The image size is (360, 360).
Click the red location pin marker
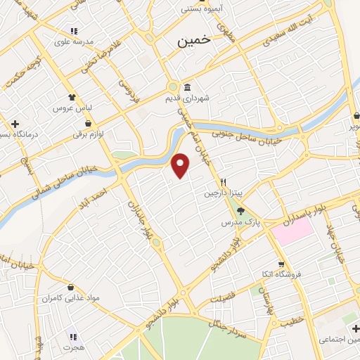coord(181,166)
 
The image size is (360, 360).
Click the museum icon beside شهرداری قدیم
coord(187,88)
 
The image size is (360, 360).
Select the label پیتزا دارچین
coord(221,193)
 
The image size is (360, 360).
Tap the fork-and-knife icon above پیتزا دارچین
coord(222,180)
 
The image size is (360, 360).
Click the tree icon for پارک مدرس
coord(240,210)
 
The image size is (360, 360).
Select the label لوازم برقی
coord(89,133)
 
